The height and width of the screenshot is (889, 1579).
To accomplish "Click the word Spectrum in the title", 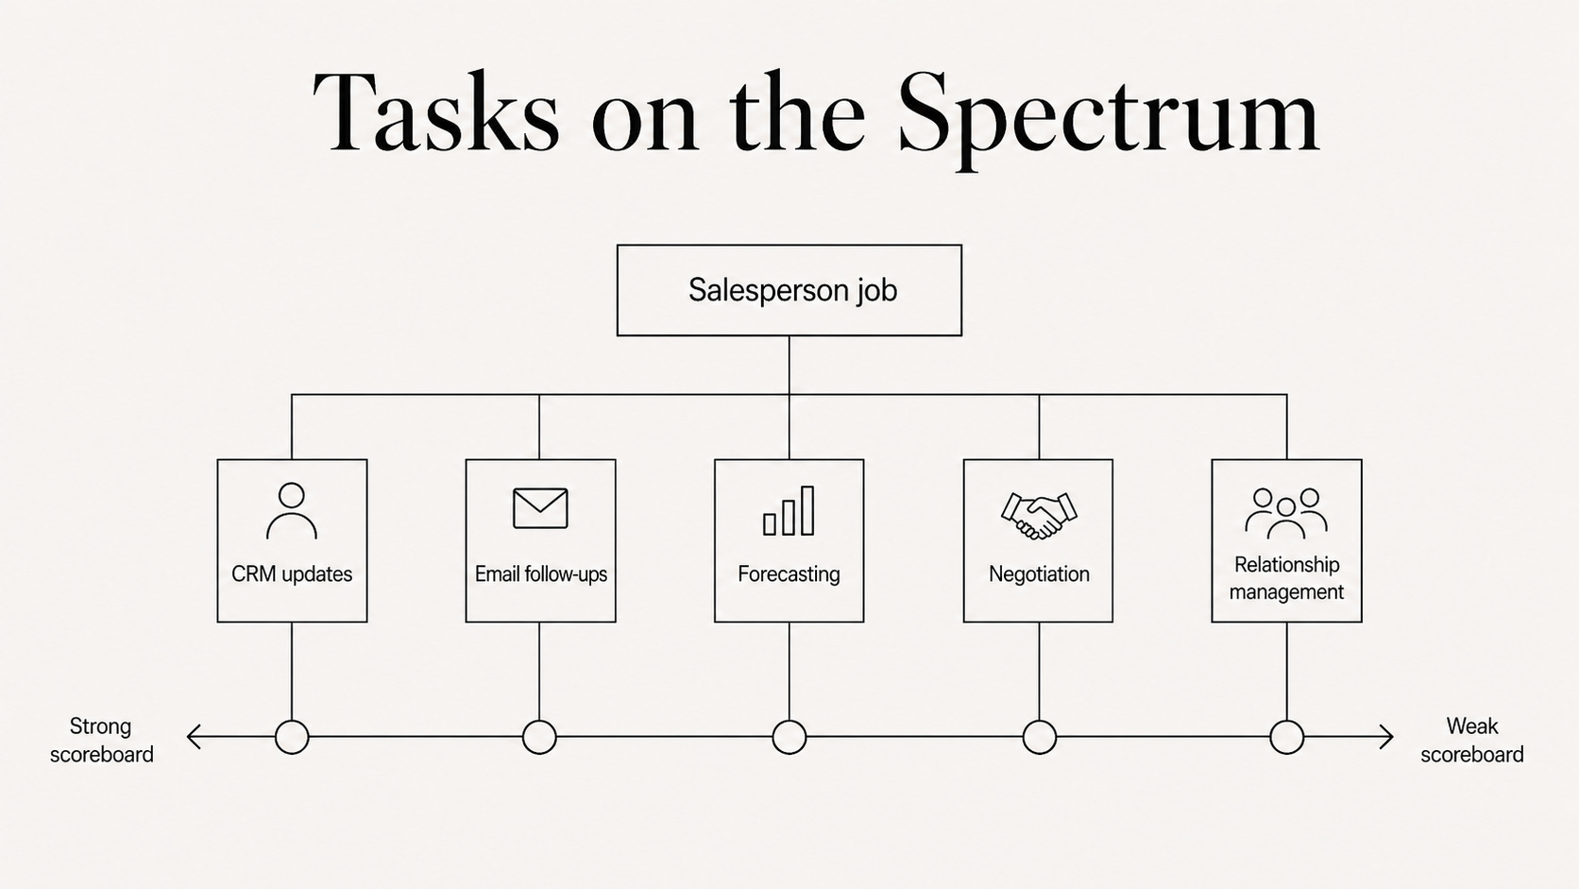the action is [1108, 115].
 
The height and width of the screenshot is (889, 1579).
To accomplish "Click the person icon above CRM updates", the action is [292, 511].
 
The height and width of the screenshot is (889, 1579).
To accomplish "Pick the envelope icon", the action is [541, 508].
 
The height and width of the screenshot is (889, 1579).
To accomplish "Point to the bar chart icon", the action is [789, 510].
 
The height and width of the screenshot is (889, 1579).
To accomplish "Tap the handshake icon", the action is [1038, 515].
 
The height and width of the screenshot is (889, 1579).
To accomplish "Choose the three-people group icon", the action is [1286, 513].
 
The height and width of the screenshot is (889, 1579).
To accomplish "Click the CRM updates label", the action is [292, 574].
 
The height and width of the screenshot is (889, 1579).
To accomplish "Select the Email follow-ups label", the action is [541, 574].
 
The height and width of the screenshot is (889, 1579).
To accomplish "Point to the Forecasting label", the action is [789, 574].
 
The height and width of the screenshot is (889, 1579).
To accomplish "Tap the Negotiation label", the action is [1039, 574].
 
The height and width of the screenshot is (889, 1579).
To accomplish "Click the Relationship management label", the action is [1286, 578].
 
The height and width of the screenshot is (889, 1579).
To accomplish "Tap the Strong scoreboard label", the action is [101, 741].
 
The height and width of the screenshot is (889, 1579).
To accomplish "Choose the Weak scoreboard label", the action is [1472, 741].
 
